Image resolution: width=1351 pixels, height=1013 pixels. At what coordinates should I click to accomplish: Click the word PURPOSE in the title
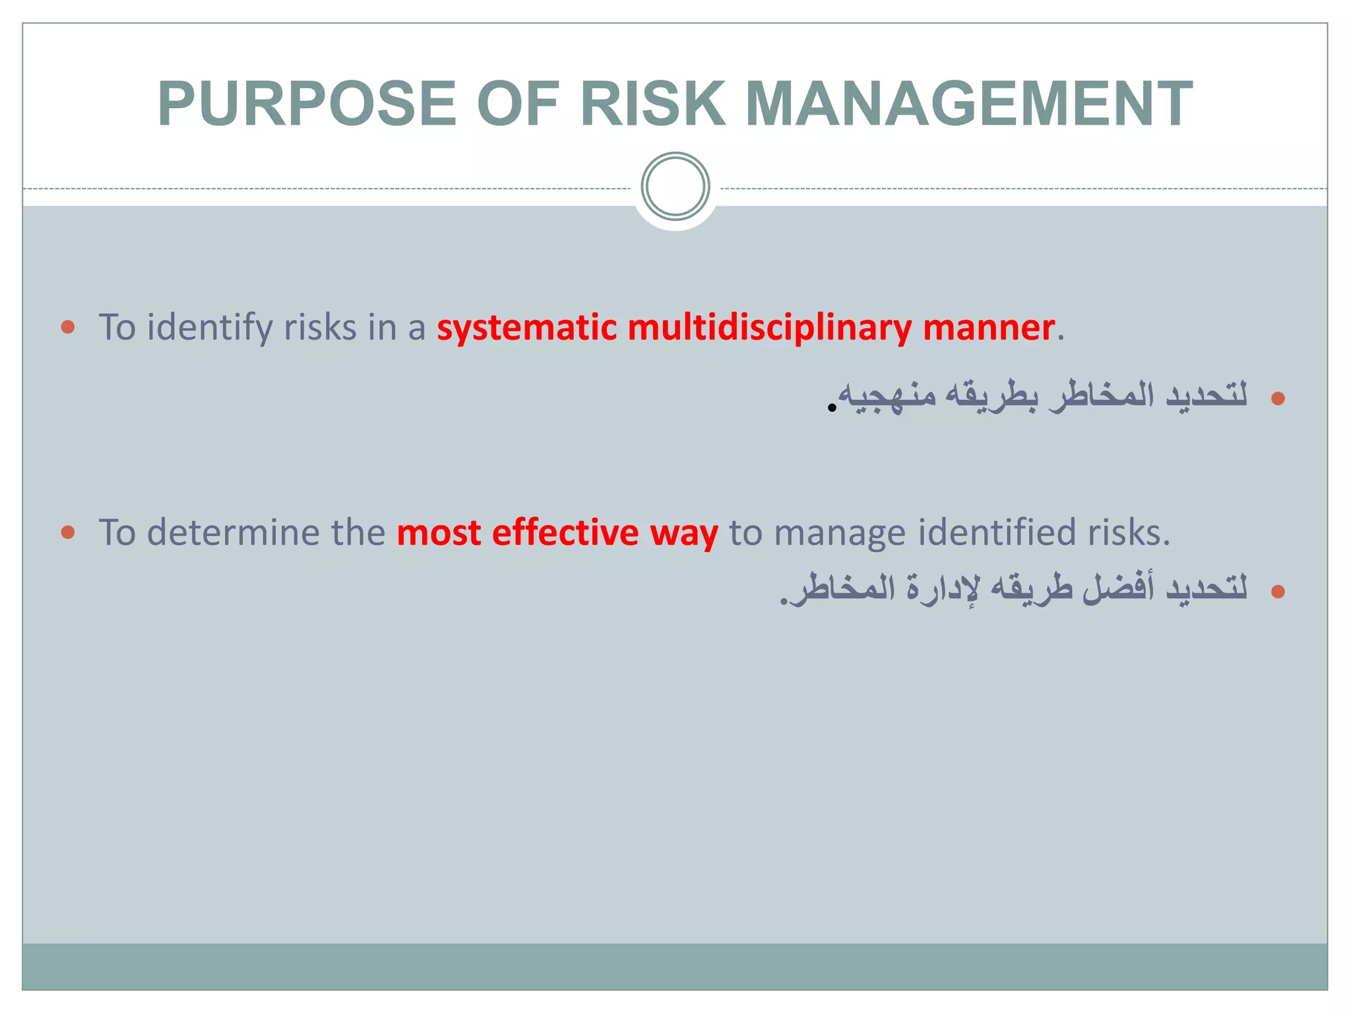(x=307, y=104)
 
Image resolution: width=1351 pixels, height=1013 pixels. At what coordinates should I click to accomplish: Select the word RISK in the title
(x=652, y=104)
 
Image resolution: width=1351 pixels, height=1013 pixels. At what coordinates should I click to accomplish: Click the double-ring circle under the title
(x=675, y=186)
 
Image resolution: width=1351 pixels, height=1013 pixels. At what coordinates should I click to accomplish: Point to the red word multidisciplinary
(x=769, y=328)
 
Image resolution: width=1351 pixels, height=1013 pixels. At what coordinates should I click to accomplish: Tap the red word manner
(x=988, y=328)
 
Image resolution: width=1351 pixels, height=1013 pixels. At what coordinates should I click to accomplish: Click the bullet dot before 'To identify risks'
(x=68, y=326)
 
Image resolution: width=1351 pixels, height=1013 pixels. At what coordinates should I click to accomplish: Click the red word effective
(x=565, y=532)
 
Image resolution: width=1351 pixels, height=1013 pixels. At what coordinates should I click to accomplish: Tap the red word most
(x=438, y=532)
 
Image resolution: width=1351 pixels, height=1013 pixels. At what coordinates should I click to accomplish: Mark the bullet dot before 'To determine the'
(x=68, y=532)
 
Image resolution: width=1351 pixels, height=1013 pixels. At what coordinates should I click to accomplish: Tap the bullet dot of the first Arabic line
(x=1278, y=398)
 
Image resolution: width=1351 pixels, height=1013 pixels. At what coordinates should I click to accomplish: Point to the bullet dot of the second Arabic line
(x=1278, y=591)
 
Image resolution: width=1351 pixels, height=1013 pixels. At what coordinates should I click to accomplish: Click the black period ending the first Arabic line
(x=832, y=408)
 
